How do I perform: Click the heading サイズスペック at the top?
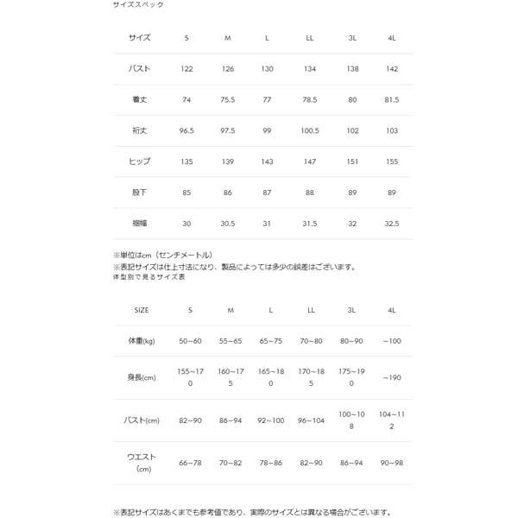tap(138, 5)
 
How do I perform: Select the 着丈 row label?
tap(139, 98)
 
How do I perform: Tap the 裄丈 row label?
tap(139, 129)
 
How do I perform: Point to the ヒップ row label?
tap(139, 161)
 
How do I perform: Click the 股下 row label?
tap(139, 192)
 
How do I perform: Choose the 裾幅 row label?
tap(139, 223)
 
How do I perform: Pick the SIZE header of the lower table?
tap(140, 309)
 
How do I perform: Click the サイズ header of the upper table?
tap(139, 37)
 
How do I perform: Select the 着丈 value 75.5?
tap(229, 98)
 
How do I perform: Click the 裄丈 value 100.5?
tap(310, 129)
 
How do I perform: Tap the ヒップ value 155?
tap(393, 161)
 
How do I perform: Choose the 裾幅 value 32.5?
tap(393, 223)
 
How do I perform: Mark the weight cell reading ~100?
tap(393, 342)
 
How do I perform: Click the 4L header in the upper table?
tap(393, 37)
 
